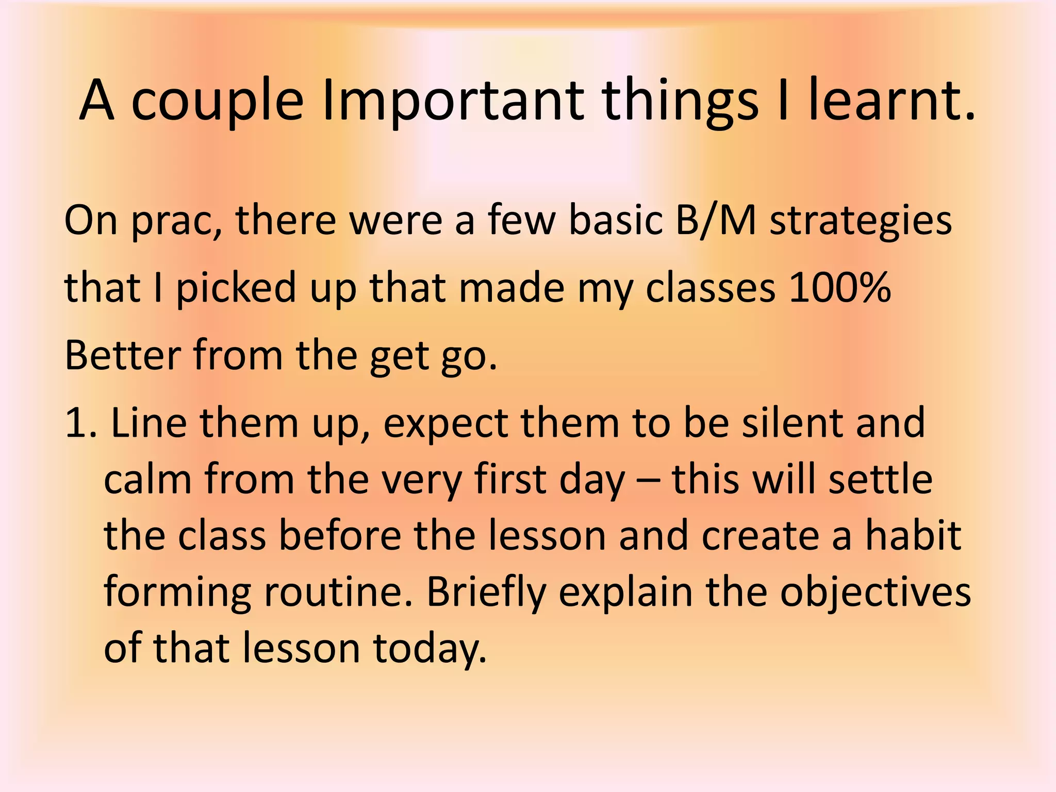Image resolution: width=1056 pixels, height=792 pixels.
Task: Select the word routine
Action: [x=338, y=592]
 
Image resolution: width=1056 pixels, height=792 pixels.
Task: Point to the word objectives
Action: [x=875, y=592]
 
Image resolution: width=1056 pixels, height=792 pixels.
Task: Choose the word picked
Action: [x=236, y=288]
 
